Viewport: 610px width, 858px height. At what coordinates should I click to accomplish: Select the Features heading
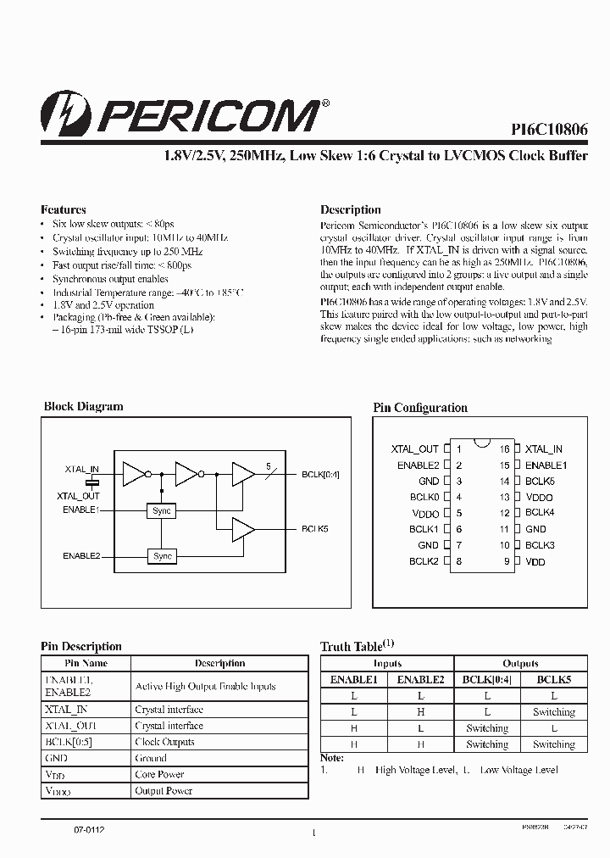coord(64,209)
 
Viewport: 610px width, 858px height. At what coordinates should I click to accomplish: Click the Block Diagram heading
coord(83,407)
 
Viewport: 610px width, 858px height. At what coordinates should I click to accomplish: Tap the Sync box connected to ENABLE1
coord(162,511)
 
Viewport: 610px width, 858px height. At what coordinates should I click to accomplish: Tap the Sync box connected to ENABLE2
coord(162,556)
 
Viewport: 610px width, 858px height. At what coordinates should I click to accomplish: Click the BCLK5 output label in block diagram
coord(314,529)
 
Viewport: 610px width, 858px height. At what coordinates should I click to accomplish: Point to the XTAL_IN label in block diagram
coord(81,469)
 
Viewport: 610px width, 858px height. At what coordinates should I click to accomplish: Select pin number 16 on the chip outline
coord(505,449)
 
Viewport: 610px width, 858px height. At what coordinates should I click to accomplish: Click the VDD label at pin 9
coord(535,562)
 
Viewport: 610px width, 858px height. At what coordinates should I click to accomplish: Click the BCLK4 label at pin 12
coord(540,513)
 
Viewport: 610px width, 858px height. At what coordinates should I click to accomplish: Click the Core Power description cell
coord(159,775)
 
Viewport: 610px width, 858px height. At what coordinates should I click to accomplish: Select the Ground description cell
coord(151,759)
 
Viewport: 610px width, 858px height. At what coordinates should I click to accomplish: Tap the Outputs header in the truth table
coord(520,664)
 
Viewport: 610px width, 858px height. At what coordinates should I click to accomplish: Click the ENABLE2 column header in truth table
coord(420,680)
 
